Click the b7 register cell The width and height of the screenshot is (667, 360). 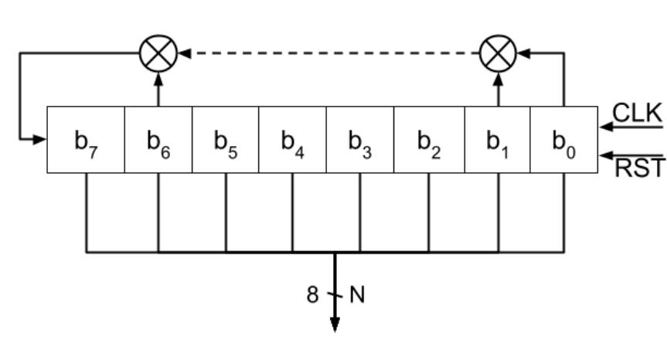[x=86, y=140]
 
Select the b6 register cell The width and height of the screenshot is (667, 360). [x=158, y=140]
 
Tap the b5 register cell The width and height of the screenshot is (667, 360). [x=225, y=140]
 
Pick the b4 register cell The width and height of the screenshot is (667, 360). [x=292, y=140]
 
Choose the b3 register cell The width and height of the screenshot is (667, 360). [x=359, y=140]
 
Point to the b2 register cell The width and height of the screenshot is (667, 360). [x=429, y=140]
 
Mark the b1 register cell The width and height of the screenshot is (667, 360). [x=497, y=140]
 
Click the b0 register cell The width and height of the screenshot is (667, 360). [x=563, y=140]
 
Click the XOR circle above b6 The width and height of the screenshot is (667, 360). [x=158, y=53]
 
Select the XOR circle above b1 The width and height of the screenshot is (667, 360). [x=498, y=53]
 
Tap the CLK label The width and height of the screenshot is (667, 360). [x=637, y=113]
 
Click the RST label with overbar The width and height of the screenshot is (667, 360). [x=638, y=167]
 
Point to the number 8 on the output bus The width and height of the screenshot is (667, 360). [x=313, y=295]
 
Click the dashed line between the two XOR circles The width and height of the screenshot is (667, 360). [x=328, y=53]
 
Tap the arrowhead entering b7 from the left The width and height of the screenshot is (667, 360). [x=40, y=140]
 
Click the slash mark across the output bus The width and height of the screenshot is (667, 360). [x=335, y=295]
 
